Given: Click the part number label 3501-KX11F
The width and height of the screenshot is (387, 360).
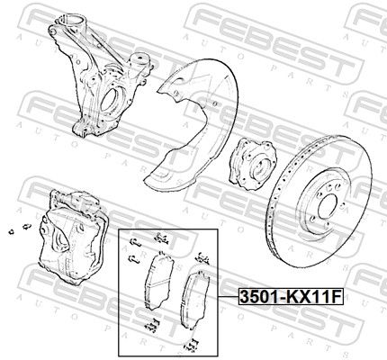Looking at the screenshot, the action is [291, 297].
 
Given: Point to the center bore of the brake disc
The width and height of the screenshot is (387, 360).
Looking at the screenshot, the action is [328, 207].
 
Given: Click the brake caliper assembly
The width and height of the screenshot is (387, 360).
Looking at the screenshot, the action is [74, 237].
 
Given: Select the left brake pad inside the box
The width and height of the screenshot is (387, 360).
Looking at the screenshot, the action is [159, 281].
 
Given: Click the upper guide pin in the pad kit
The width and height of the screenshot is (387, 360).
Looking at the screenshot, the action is [135, 243].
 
